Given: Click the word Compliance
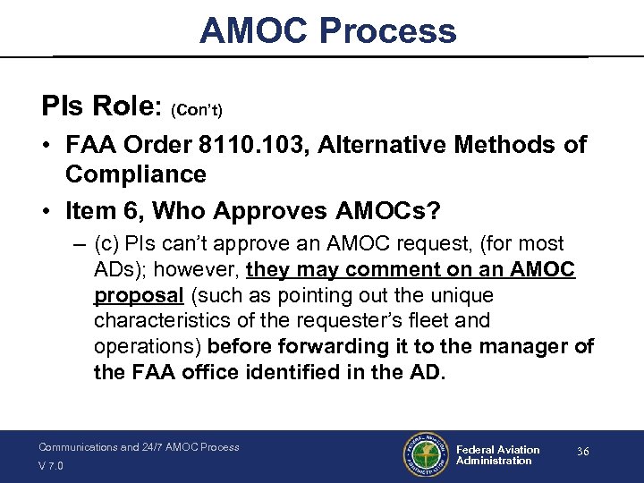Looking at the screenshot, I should click(135, 174).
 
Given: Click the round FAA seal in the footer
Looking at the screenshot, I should click(423, 455).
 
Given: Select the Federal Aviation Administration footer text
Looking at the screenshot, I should click(497, 455).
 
